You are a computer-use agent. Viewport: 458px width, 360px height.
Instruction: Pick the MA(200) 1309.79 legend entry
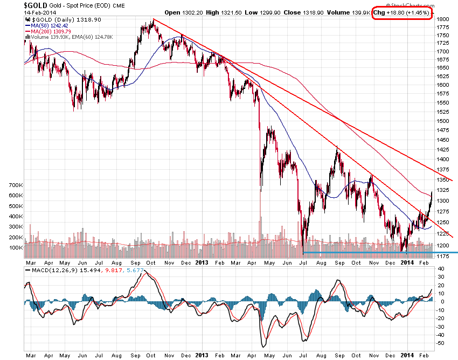tap(52, 31)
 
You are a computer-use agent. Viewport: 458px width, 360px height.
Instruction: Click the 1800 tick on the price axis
tap(443, 19)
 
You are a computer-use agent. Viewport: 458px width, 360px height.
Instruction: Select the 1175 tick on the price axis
tap(443, 256)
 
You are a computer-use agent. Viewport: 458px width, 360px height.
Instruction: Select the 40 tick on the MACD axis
tap(440, 276)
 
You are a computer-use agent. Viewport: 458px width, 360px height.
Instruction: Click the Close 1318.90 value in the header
tap(307, 11)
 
